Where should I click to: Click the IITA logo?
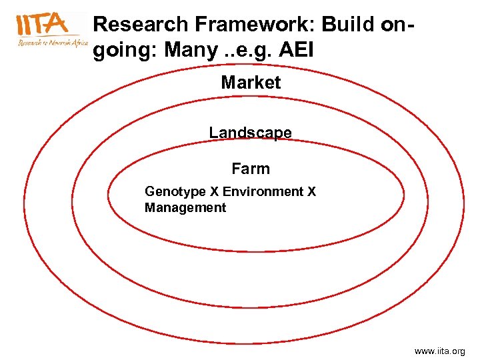pyautogui.click(x=43, y=25)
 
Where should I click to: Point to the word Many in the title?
pyautogui.click(x=185, y=50)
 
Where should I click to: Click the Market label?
pyautogui.click(x=251, y=83)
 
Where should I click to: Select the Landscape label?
pyautogui.click(x=250, y=133)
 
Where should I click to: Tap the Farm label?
pyautogui.click(x=251, y=169)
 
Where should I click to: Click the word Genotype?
pyautogui.click(x=175, y=192)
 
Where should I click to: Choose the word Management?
pyautogui.click(x=185, y=207)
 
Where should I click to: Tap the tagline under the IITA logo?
pyautogui.click(x=53, y=43)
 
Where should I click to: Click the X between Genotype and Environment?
pyautogui.click(x=215, y=192)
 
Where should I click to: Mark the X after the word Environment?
pyautogui.click(x=311, y=192)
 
